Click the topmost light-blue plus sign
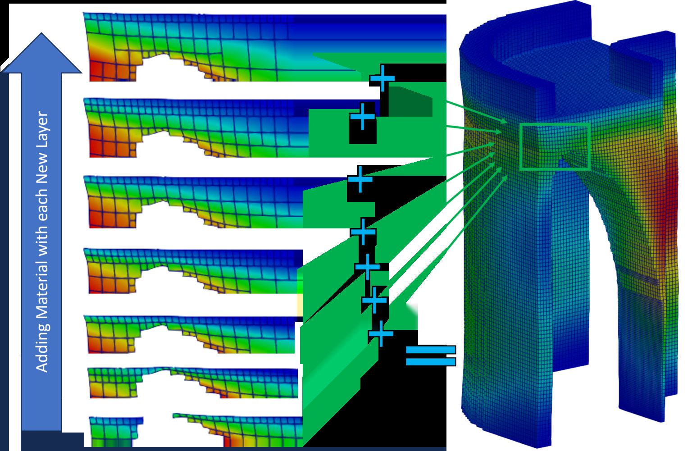tap(382, 78)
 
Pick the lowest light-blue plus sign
tap(381, 333)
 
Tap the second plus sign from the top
tap(362, 116)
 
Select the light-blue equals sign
tap(431, 355)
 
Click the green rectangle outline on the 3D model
tap(555, 124)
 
